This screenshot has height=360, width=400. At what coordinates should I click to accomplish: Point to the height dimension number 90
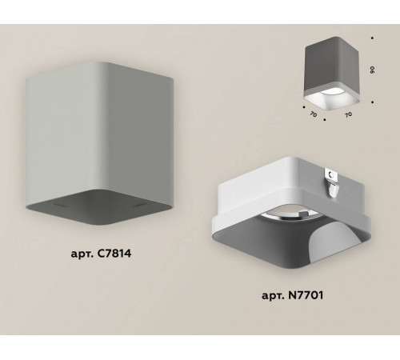pyautogui.click(x=374, y=70)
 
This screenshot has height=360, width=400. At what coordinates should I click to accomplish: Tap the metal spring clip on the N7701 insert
pyautogui.click(x=333, y=183)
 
